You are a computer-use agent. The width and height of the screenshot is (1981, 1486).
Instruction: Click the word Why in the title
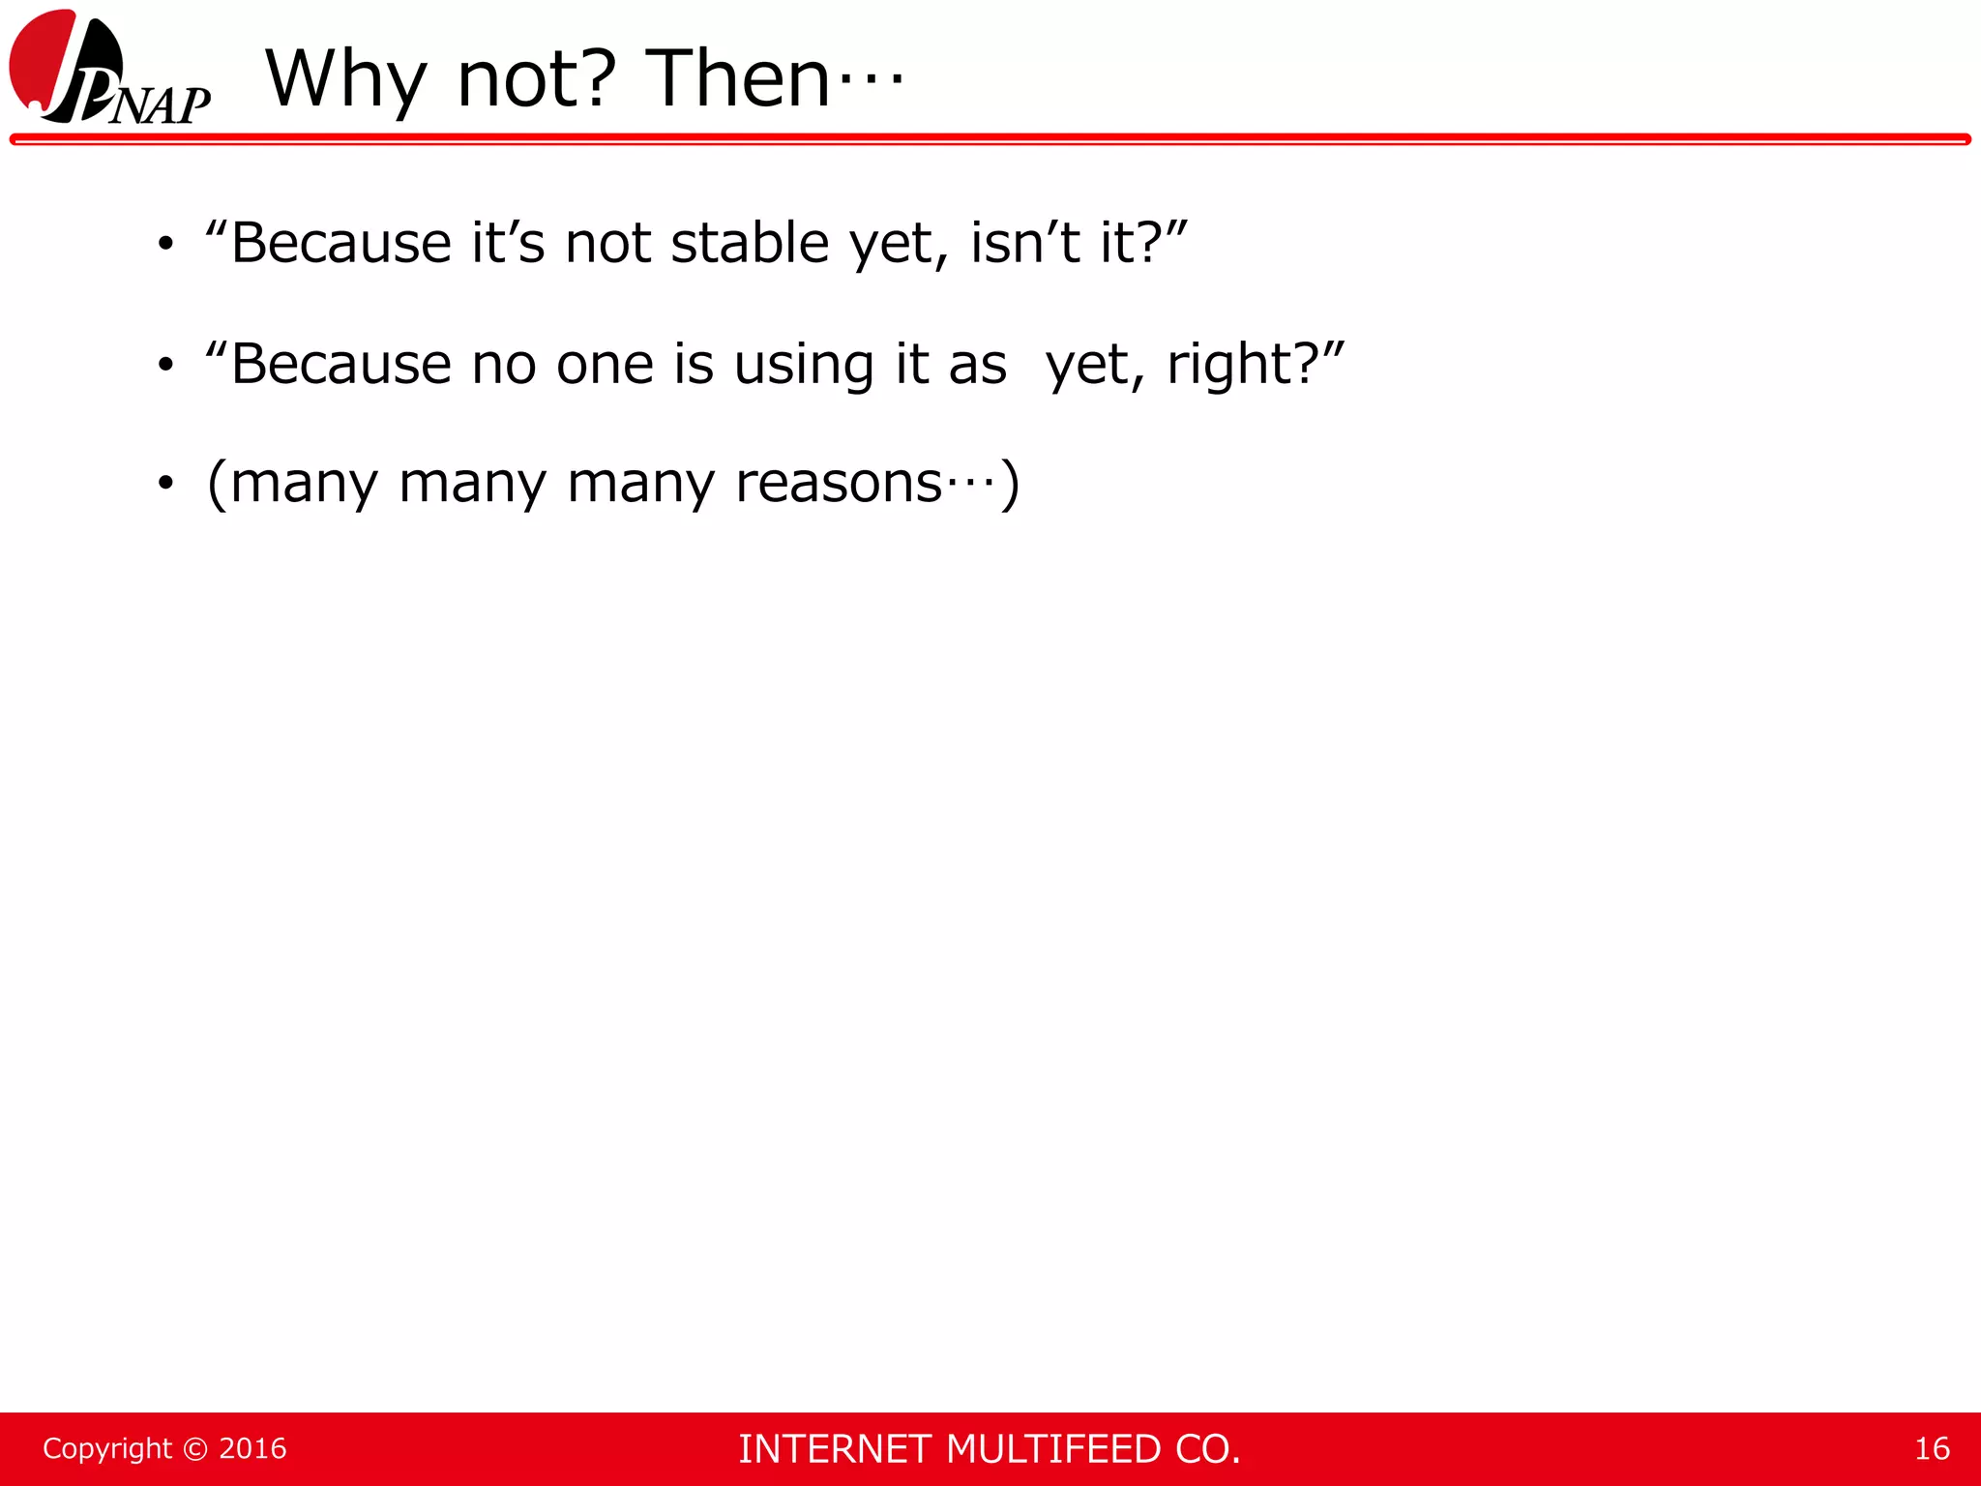(x=345, y=79)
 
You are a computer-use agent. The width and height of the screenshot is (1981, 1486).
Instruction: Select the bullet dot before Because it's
(x=166, y=244)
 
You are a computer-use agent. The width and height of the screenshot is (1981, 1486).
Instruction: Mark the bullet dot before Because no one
(x=166, y=366)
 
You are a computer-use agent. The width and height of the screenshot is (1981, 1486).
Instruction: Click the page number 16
(x=1932, y=1448)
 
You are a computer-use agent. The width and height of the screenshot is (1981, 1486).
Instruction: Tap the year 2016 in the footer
(x=252, y=1448)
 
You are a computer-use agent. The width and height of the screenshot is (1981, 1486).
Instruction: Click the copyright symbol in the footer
(x=195, y=1448)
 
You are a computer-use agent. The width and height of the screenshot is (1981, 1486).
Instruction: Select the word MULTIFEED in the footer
(x=1053, y=1449)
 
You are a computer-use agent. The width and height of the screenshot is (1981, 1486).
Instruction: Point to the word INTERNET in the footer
(x=836, y=1449)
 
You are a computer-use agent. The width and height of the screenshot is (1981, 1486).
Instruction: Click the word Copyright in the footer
(x=107, y=1448)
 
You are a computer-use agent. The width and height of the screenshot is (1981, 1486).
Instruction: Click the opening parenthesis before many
(x=218, y=483)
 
